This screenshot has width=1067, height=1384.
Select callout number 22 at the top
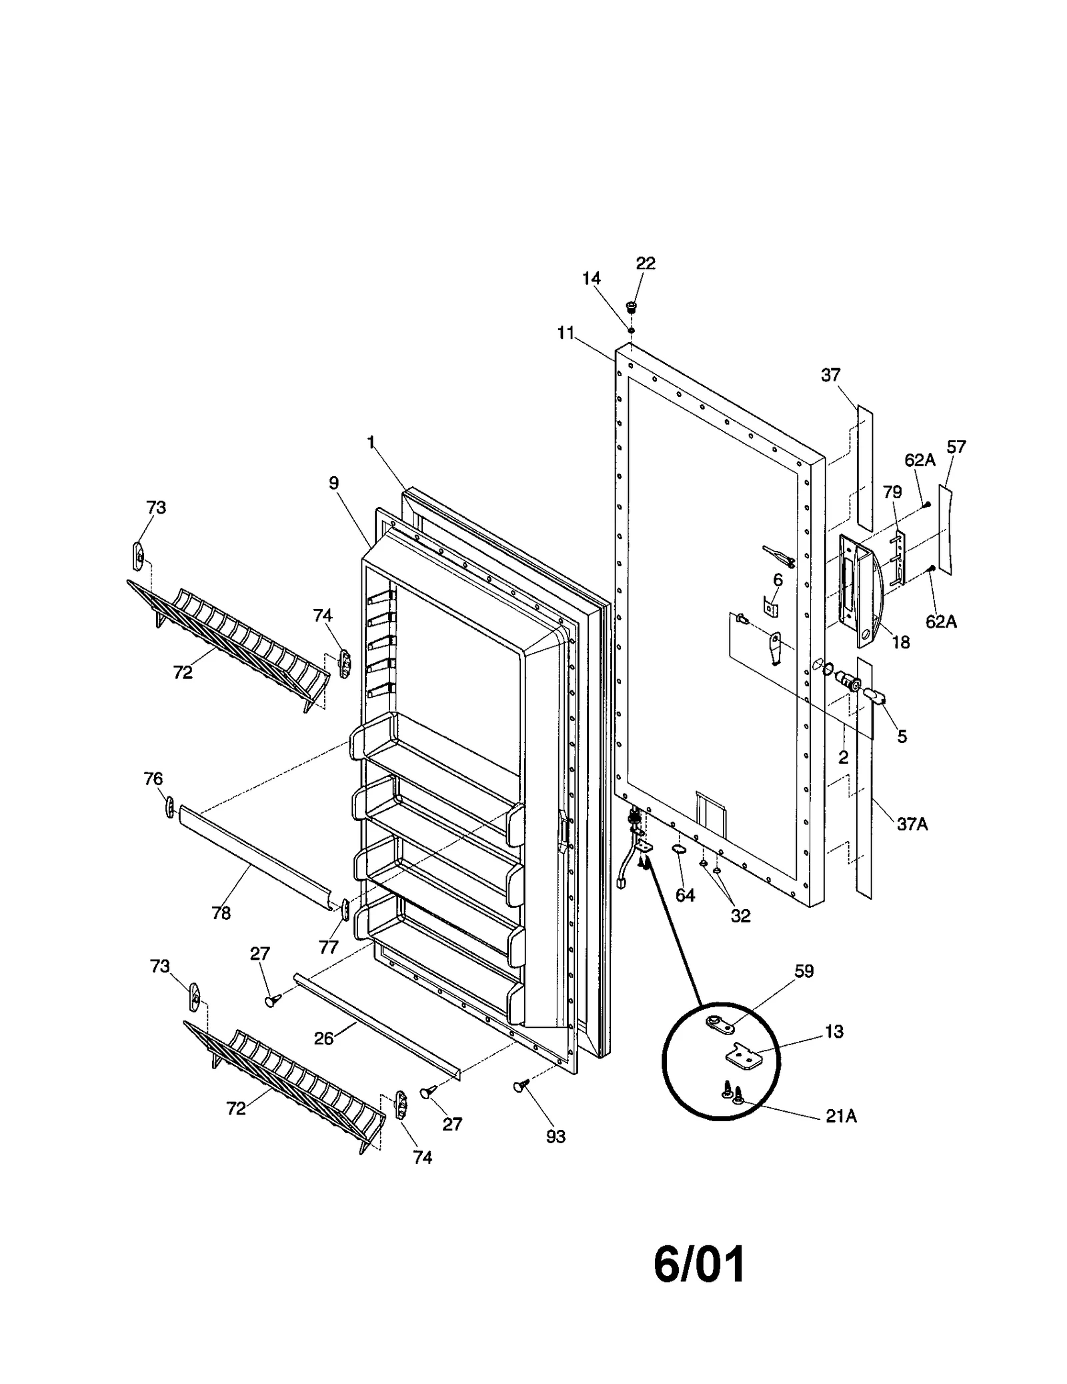645,263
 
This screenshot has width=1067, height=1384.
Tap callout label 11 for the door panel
566,333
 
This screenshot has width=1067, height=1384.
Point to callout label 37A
912,824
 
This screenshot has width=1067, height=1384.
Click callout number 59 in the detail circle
804,971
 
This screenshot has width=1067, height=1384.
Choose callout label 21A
841,1115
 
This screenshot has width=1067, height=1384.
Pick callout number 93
556,1137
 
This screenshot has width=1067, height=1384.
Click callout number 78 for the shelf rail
221,913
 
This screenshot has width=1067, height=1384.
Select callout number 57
956,447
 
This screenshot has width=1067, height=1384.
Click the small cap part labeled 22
630,307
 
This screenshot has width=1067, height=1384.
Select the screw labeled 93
519,1088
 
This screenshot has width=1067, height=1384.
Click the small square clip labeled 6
770,608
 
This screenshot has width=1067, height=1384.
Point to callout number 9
333,483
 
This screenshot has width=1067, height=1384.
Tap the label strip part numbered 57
947,530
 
